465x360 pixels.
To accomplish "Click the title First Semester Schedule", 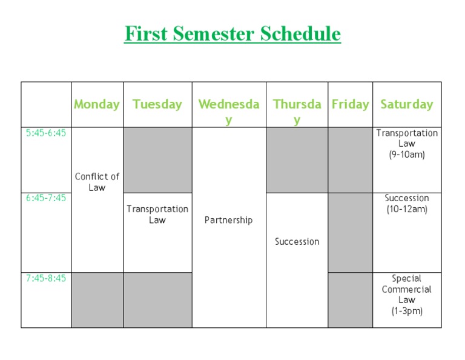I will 232,33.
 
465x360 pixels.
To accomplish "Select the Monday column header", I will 97,104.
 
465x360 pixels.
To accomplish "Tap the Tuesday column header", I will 157,104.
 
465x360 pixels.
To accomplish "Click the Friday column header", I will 350,104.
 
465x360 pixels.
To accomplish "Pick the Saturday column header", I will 407,104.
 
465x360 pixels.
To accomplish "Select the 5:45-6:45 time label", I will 46,133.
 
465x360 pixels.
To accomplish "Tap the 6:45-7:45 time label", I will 46,198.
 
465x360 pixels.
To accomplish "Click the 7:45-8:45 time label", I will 46,278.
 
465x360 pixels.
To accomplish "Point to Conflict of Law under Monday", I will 97,182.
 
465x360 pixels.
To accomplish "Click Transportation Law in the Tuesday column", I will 157,215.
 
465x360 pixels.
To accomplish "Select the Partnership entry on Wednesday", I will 229,220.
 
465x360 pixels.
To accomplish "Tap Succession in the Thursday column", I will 297,241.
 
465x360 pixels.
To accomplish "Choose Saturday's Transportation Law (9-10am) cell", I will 407,144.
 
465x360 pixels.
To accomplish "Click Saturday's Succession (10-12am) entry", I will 407,204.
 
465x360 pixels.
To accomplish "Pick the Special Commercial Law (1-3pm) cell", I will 407,295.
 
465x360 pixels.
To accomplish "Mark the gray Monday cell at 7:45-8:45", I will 97,300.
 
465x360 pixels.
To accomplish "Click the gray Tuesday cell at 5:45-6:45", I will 157,160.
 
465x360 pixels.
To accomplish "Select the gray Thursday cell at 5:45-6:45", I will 297,160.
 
